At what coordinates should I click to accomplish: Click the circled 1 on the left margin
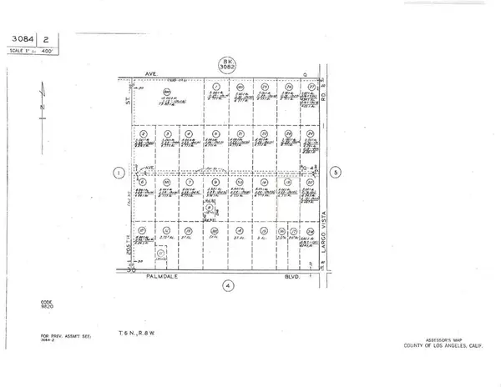pyautogui.click(x=119, y=173)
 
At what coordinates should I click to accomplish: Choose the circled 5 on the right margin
pyautogui.click(x=336, y=173)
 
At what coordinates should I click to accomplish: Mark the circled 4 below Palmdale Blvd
pyautogui.click(x=227, y=284)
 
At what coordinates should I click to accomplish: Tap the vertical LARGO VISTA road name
pyautogui.click(x=325, y=238)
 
